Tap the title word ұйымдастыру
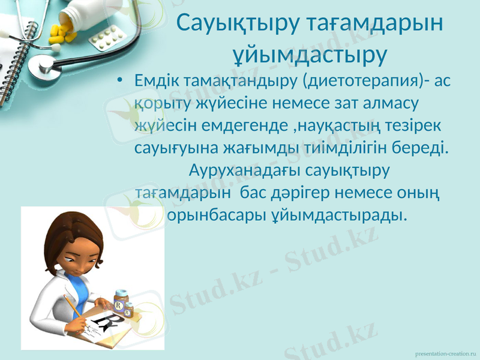click(309, 55)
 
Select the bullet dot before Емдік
click(121, 81)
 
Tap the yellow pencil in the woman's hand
click(74, 307)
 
